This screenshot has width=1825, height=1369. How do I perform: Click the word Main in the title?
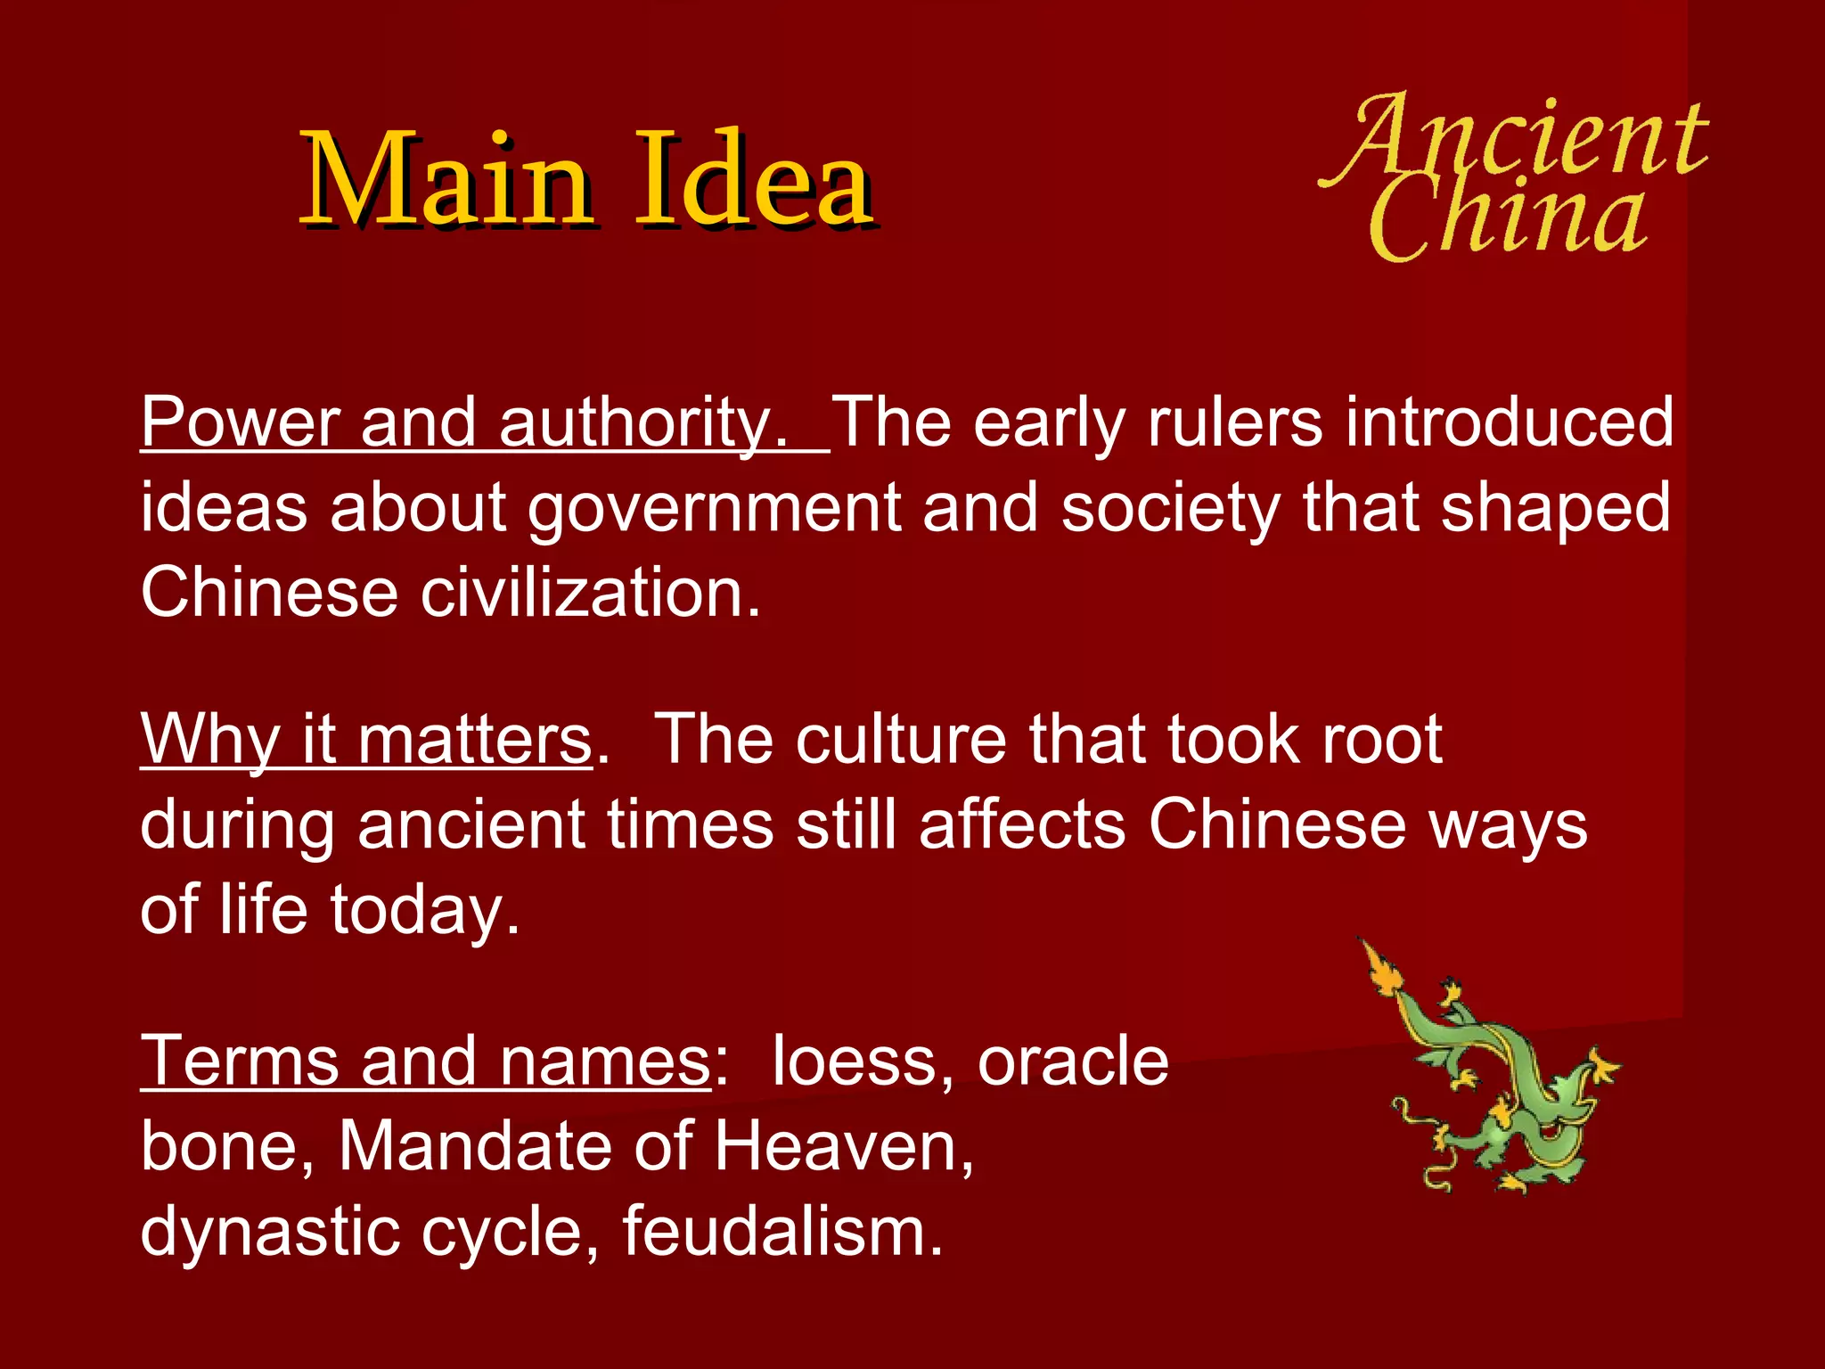click(x=446, y=178)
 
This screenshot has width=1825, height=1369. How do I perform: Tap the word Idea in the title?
click(x=753, y=178)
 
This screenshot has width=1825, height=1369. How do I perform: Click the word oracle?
click(x=1073, y=1061)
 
